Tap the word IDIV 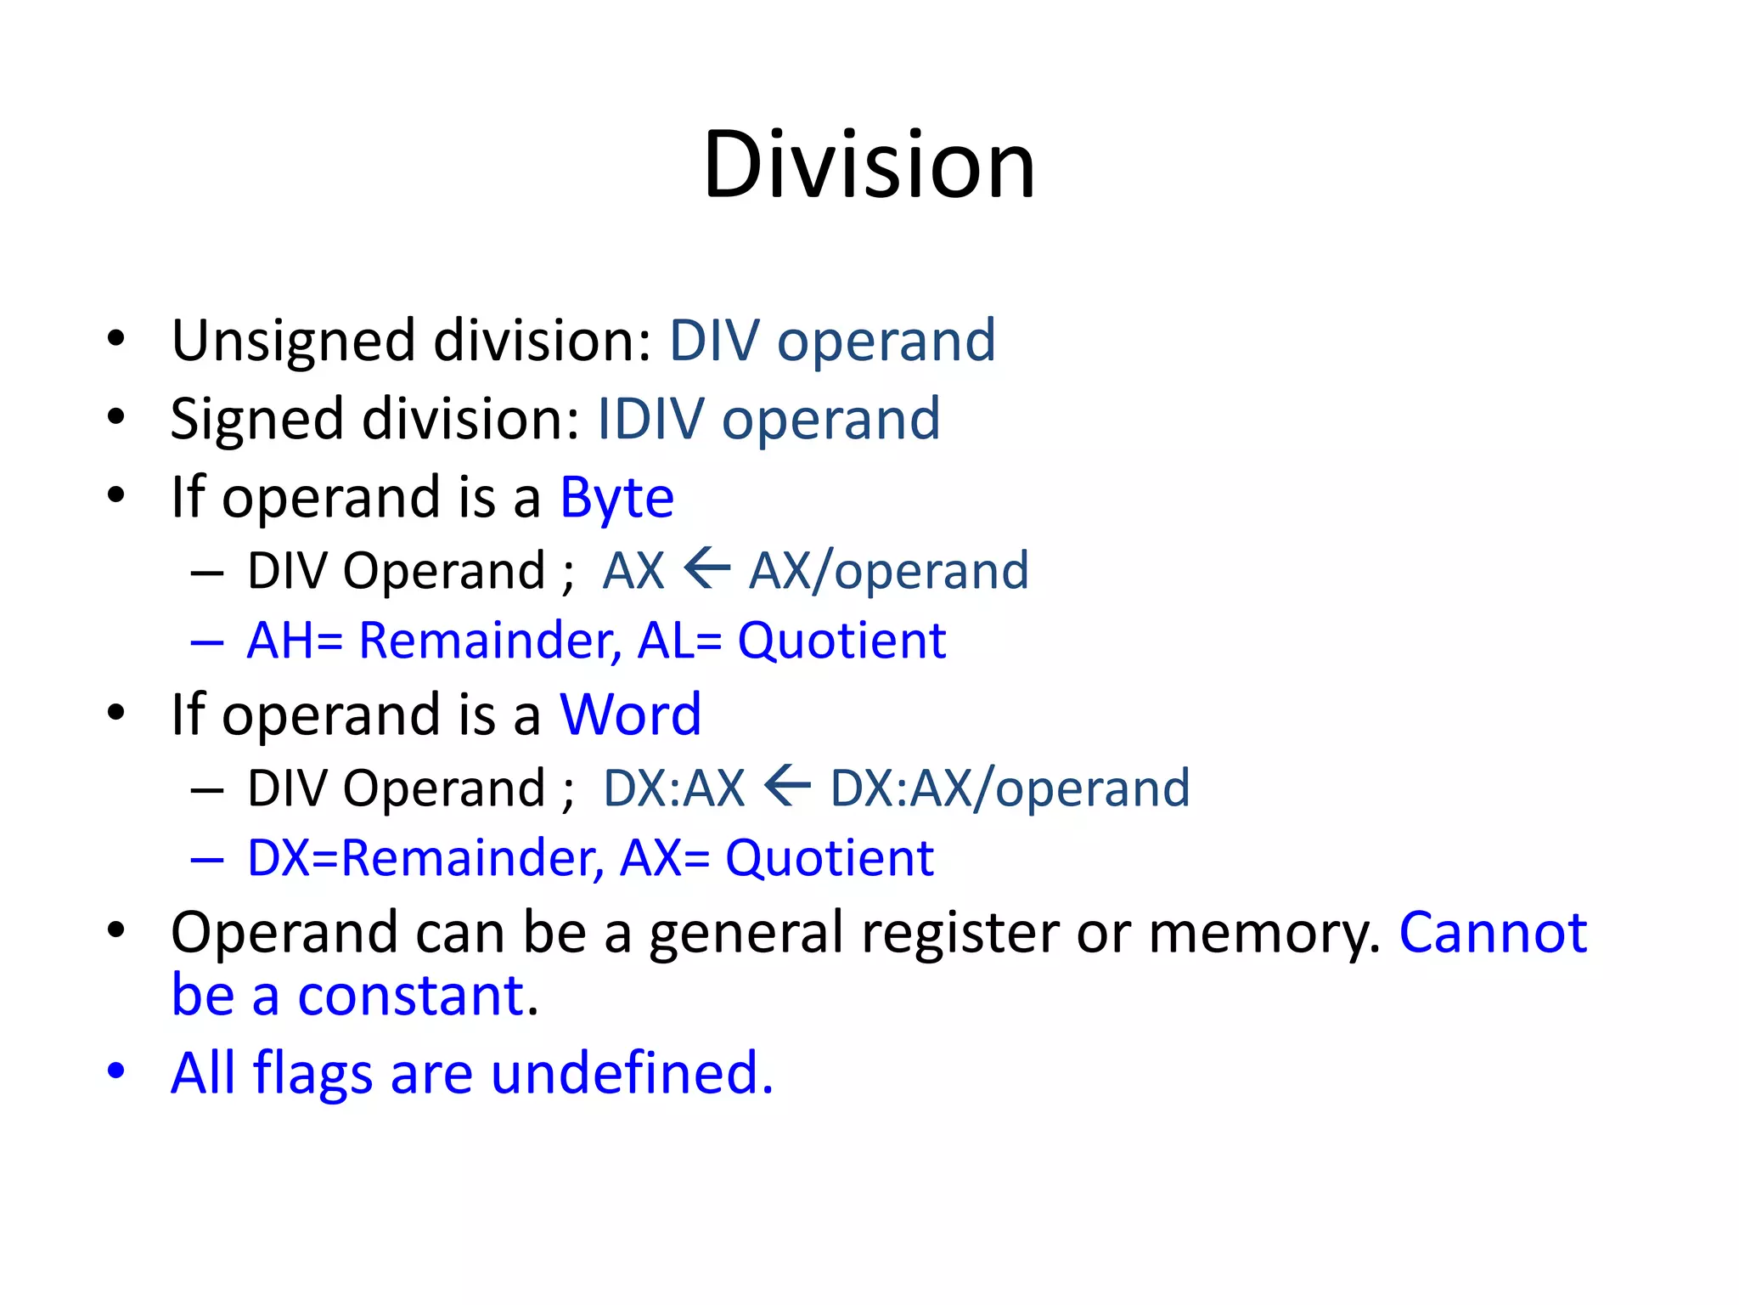click(x=650, y=419)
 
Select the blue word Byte click(x=616, y=498)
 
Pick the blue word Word click(x=630, y=715)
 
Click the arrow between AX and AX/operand click(x=706, y=568)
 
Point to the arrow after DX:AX click(x=787, y=786)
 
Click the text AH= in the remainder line click(x=295, y=641)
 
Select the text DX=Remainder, click(x=425, y=858)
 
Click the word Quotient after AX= click(x=829, y=858)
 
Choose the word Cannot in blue click(x=1492, y=933)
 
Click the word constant click(x=410, y=996)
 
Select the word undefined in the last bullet click(x=632, y=1073)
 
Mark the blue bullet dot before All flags click(x=116, y=1071)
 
